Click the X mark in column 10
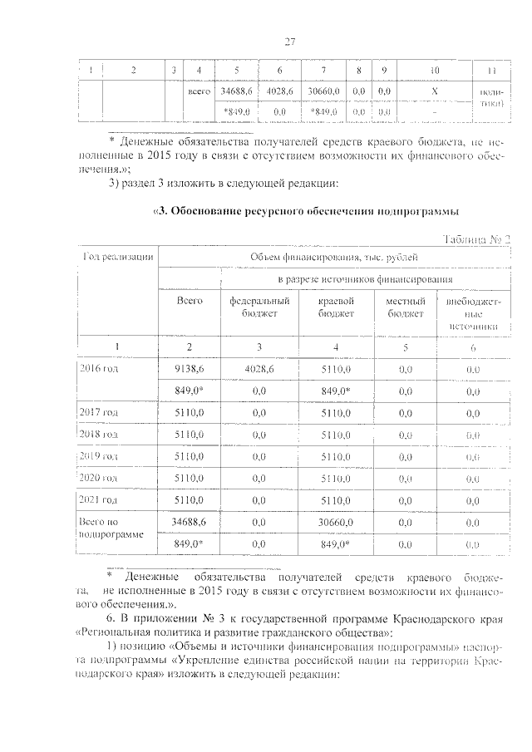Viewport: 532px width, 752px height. (x=435, y=90)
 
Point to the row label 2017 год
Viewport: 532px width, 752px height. (x=98, y=411)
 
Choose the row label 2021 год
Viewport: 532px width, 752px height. (x=98, y=499)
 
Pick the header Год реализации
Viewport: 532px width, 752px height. (x=116, y=257)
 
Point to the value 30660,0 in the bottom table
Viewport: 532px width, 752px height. (x=337, y=521)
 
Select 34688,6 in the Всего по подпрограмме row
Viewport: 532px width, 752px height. (x=190, y=521)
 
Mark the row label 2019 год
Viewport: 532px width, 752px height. (x=98, y=455)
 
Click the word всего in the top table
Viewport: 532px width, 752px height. (x=199, y=90)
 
